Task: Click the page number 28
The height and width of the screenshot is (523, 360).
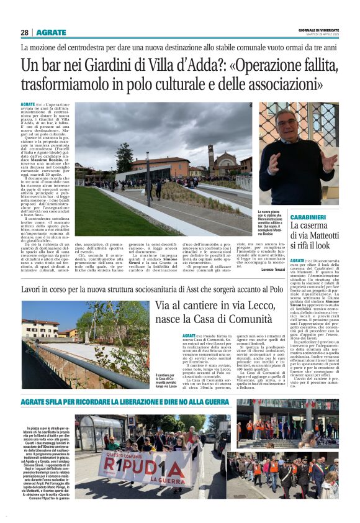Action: [x=25, y=32]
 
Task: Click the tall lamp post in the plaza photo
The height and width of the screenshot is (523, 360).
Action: [x=147, y=174]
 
